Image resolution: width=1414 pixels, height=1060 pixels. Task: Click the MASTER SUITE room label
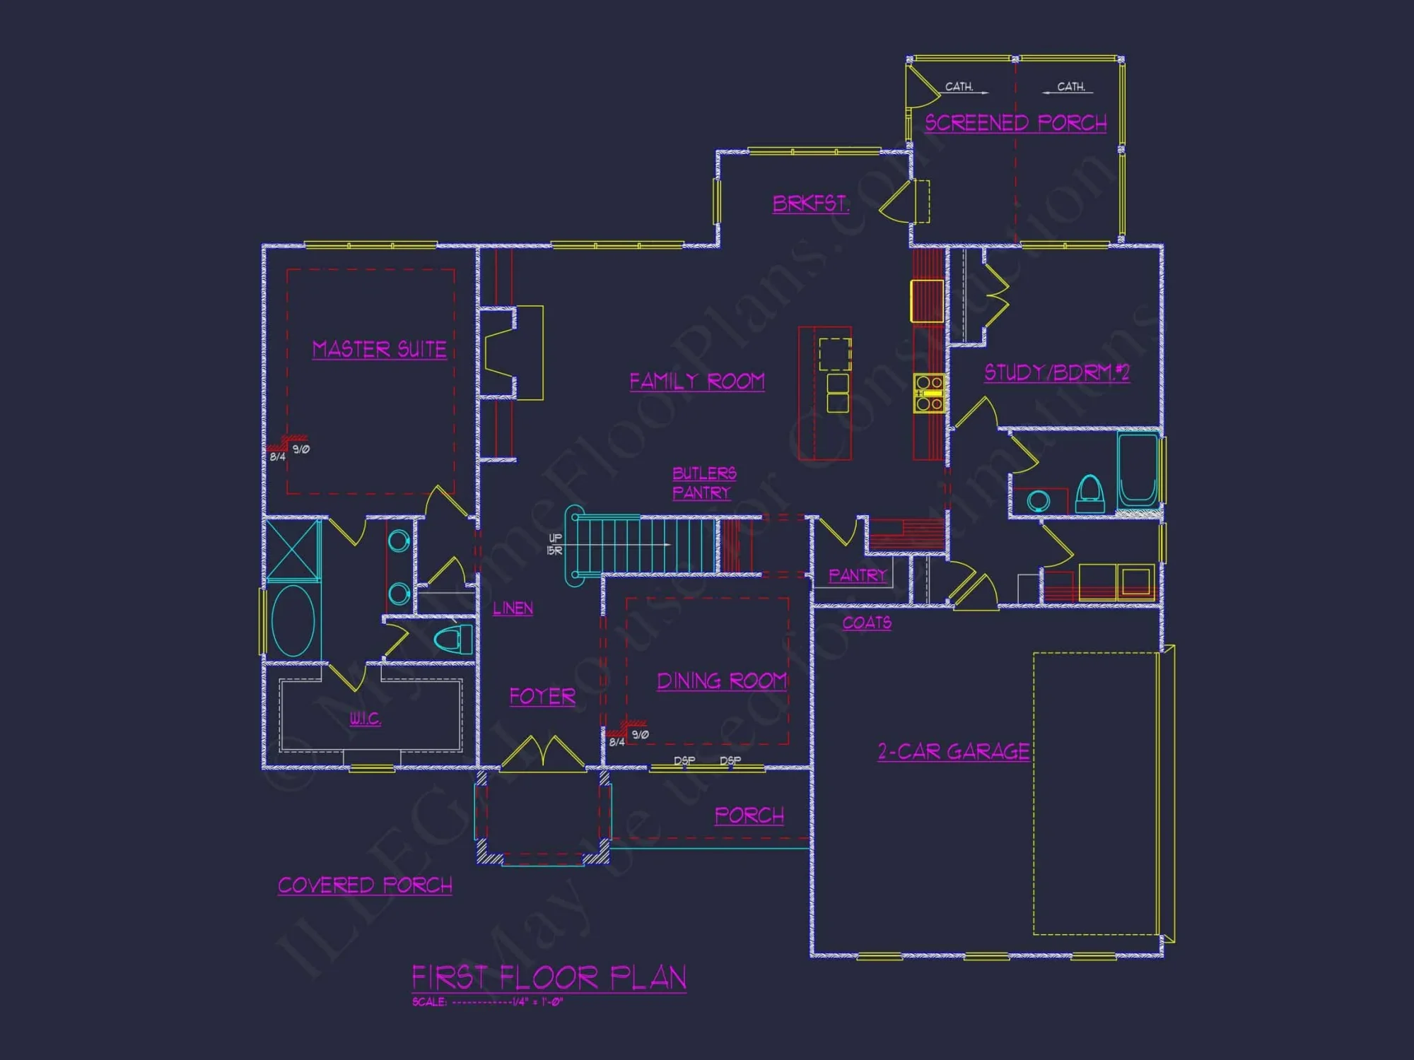[379, 349]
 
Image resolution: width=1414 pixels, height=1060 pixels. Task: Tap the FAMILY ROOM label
[696, 382]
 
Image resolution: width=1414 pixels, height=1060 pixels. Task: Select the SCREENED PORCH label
[1015, 123]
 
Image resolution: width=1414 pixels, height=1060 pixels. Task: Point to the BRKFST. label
[810, 204]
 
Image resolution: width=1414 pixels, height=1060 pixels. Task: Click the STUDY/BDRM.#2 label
[1056, 372]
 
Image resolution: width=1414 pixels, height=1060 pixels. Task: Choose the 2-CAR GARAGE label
[953, 751]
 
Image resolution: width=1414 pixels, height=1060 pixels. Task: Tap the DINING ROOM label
[721, 681]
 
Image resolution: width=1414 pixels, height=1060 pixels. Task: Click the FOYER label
[542, 697]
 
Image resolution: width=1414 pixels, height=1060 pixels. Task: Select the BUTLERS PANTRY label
[703, 483]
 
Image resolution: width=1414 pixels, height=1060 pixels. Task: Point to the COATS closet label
[867, 623]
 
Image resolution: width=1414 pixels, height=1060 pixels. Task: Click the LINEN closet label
[513, 608]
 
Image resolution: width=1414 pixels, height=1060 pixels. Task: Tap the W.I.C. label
[365, 719]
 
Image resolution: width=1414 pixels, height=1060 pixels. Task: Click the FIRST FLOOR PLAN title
[549, 978]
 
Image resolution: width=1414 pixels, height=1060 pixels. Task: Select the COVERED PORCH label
[365, 885]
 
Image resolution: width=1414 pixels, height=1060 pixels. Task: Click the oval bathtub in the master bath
[293, 620]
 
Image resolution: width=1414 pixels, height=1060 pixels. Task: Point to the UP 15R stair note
[555, 544]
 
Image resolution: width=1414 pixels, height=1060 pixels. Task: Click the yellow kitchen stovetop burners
[928, 394]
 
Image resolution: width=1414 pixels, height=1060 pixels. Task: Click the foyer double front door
[543, 753]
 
